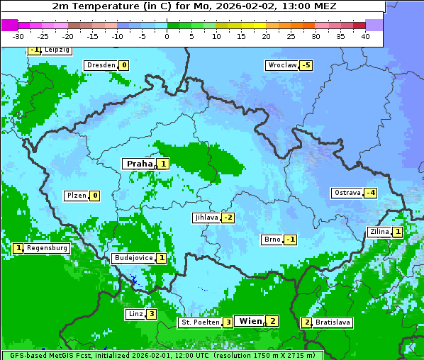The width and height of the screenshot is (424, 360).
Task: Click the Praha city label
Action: [139, 164]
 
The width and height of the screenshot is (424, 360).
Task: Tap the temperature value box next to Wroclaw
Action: [306, 65]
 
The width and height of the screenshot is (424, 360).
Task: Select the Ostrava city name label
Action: [347, 193]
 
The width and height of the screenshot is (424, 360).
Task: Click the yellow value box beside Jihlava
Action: [228, 218]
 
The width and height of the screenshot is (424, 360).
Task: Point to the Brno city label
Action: [272, 240]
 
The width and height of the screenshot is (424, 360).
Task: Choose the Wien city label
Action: [250, 321]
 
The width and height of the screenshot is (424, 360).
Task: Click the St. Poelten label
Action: [199, 322]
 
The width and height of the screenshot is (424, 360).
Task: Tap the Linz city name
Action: [135, 314]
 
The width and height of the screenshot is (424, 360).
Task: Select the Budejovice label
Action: [133, 258]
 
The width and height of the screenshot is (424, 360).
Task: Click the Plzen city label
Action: [76, 196]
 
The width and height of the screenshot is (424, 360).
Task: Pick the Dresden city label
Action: [101, 65]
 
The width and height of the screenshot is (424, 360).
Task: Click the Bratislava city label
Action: [333, 322]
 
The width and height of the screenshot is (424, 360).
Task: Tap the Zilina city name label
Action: [379, 232]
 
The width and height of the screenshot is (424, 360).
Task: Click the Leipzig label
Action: [57, 50]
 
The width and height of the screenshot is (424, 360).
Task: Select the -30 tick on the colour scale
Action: [18, 35]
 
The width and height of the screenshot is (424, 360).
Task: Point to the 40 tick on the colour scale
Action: [365, 35]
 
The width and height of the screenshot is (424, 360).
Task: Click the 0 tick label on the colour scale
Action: [167, 35]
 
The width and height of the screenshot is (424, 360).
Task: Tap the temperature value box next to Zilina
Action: [398, 232]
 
